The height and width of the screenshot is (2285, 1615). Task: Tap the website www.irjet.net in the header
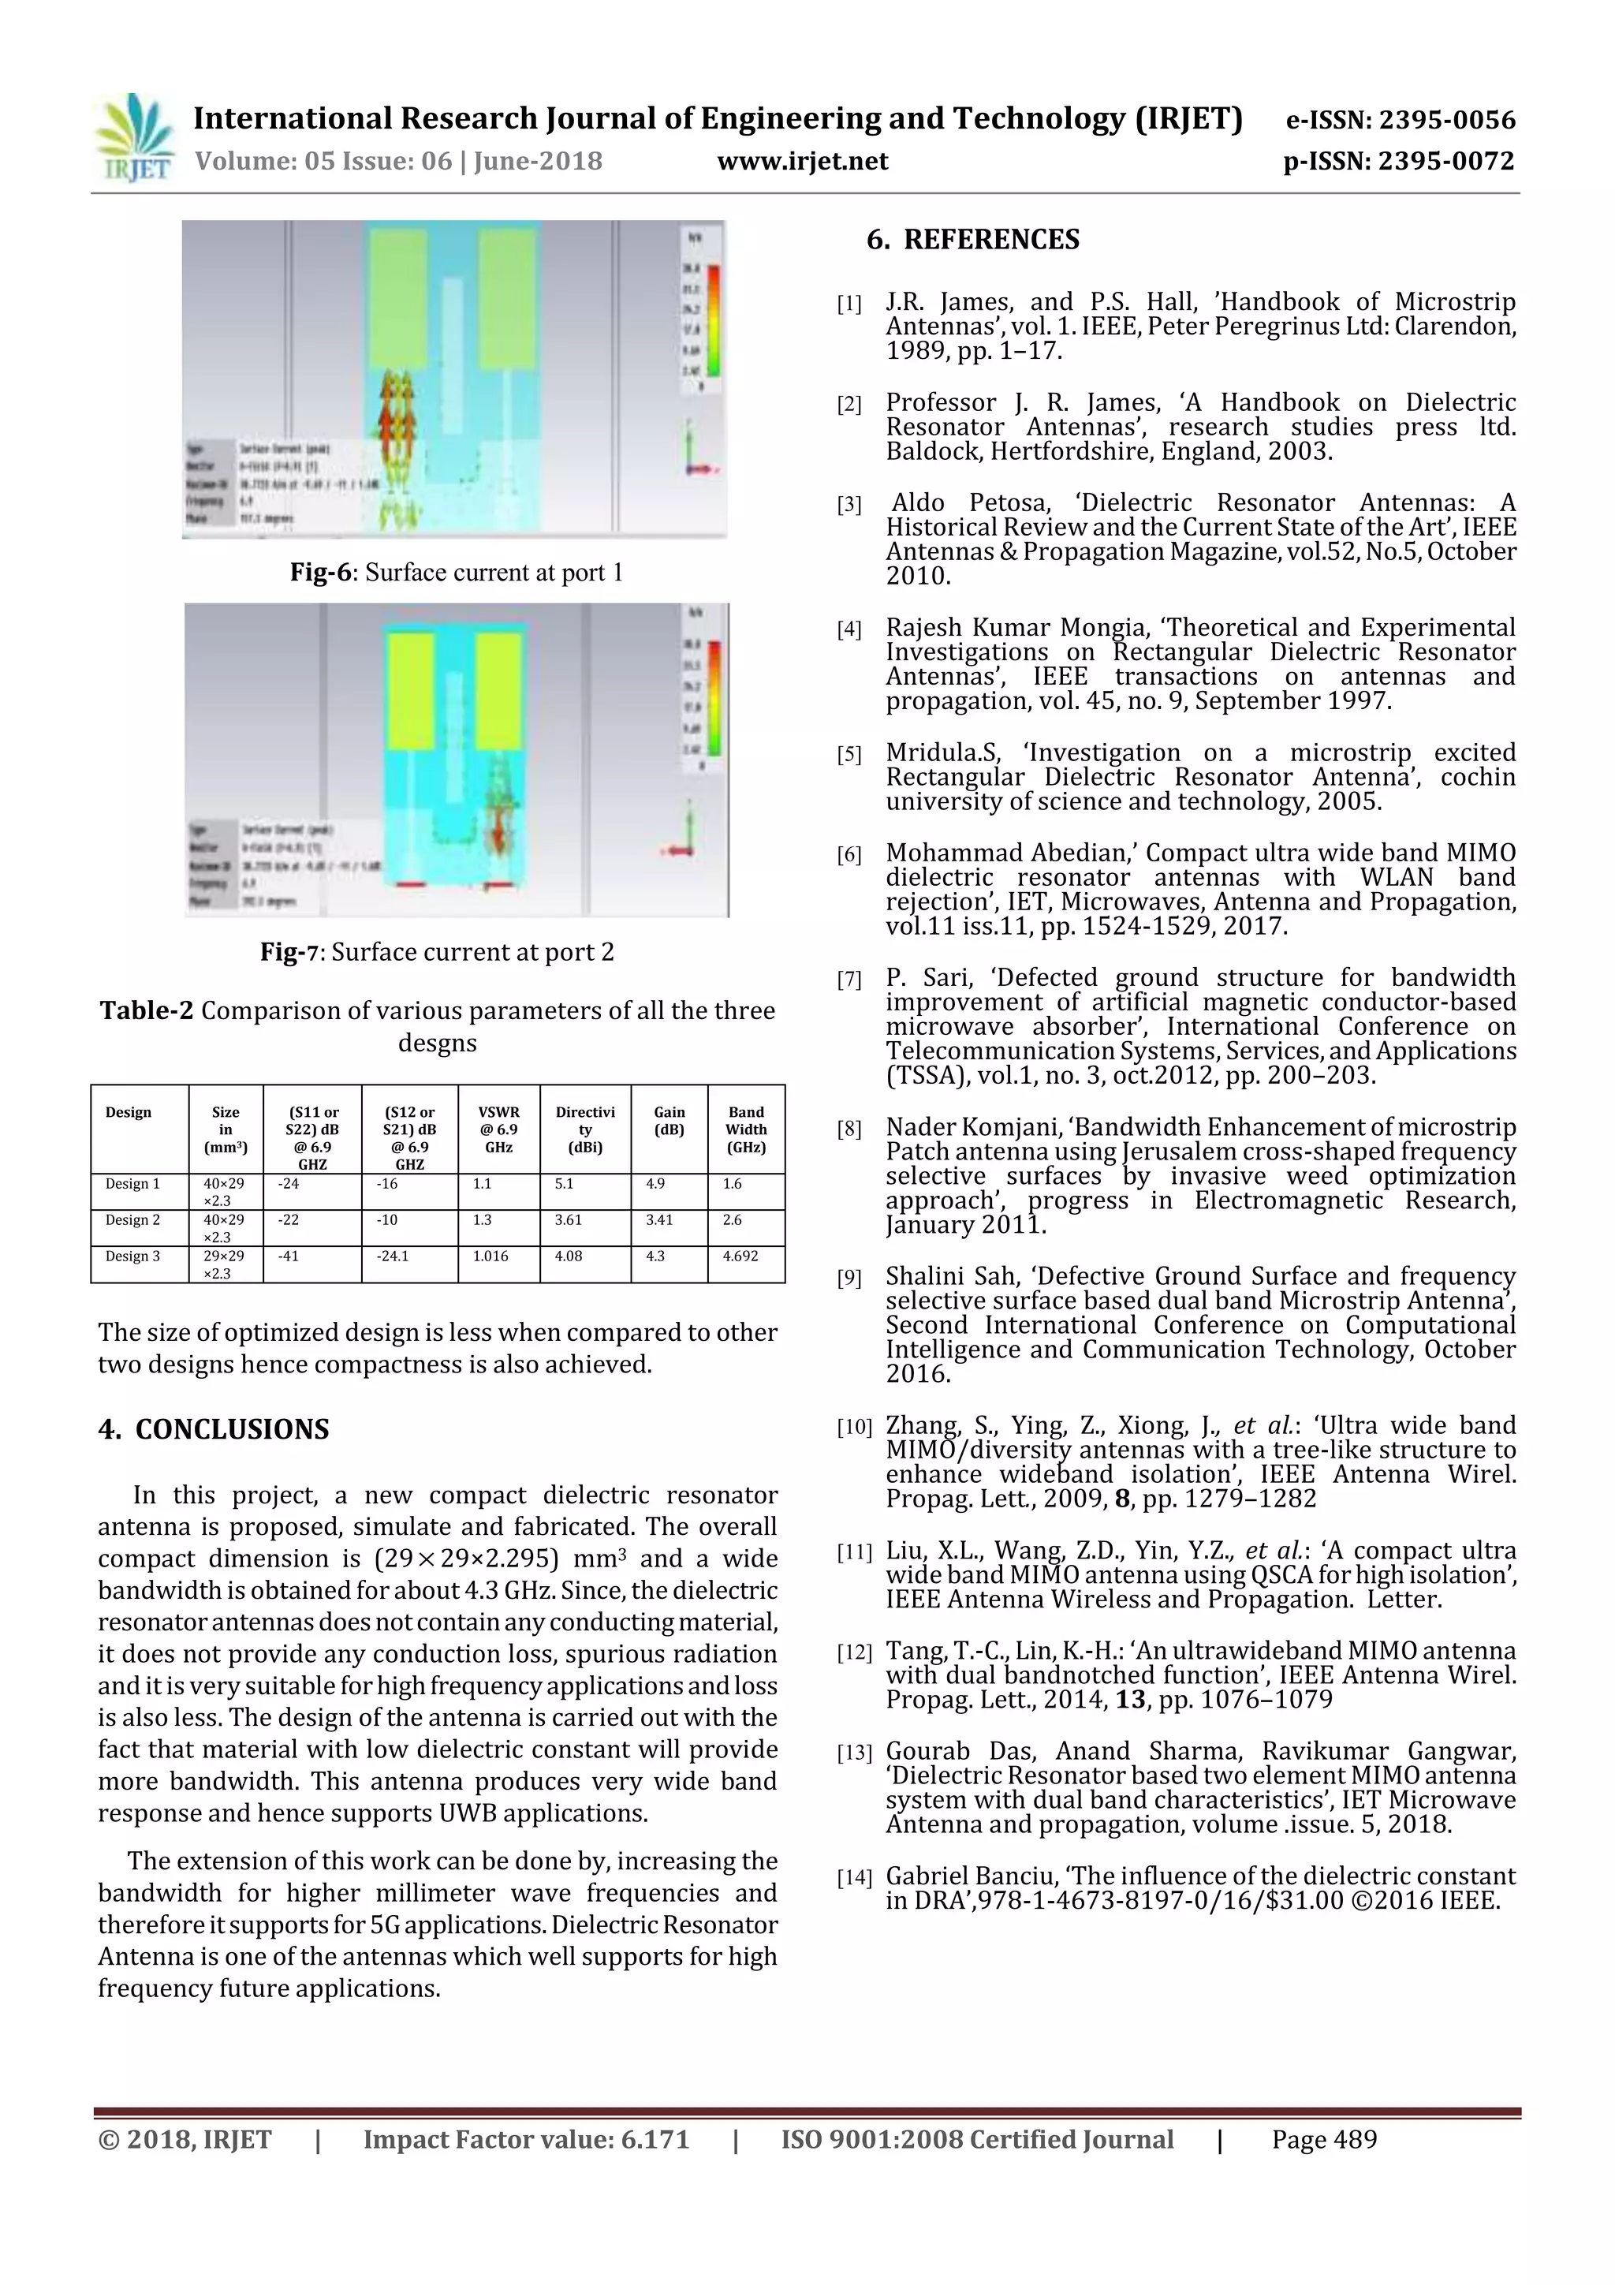click(802, 161)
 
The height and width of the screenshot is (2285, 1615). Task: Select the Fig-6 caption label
click(320, 573)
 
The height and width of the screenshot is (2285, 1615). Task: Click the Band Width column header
click(745, 1129)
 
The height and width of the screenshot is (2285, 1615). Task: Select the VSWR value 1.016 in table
click(490, 1256)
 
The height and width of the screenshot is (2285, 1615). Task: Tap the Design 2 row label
click(132, 1220)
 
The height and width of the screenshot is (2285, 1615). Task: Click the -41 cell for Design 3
click(289, 1256)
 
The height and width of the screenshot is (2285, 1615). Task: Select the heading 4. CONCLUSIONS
click(213, 1429)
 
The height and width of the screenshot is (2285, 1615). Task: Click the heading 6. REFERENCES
click(972, 240)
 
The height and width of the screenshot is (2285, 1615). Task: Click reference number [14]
click(852, 1878)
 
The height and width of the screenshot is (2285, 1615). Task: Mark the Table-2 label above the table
click(145, 1011)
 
